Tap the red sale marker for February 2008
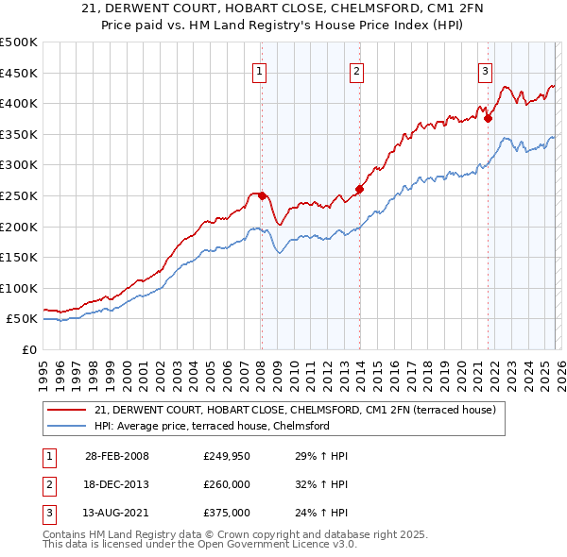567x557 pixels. tap(263, 195)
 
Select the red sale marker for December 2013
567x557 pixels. tap(359, 189)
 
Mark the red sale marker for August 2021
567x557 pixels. tap(488, 118)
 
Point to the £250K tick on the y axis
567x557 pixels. tap(19, 195)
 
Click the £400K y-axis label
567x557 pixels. tap(19, 104)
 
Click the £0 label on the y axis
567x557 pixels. tap(28, 350)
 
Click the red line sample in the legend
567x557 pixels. tap(67, 410)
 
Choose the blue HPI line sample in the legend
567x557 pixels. tap(67, 426)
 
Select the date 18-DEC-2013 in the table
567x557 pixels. tap(117, 484)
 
